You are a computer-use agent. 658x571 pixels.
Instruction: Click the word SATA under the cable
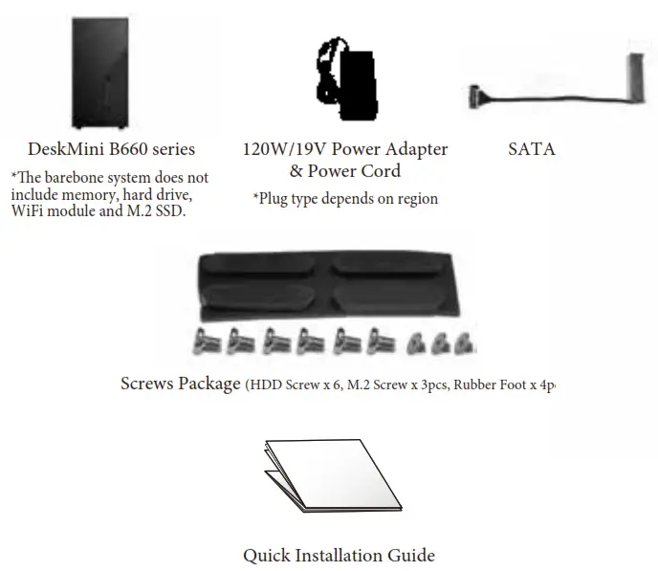[x=531, y=149]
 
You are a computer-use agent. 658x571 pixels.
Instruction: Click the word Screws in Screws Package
[x=149, y=384]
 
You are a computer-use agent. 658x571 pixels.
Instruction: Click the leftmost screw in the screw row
[x=208, y=340]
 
